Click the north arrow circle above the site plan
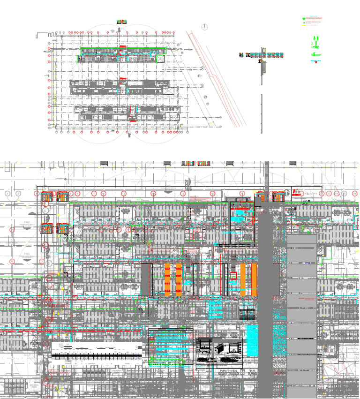pos(204,27)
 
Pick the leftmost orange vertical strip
pos(168,279)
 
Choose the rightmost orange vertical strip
pos(254,279)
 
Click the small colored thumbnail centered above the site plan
pos(121,22)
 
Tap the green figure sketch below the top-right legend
pos(316,45)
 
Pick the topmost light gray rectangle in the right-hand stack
pos(301,241)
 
